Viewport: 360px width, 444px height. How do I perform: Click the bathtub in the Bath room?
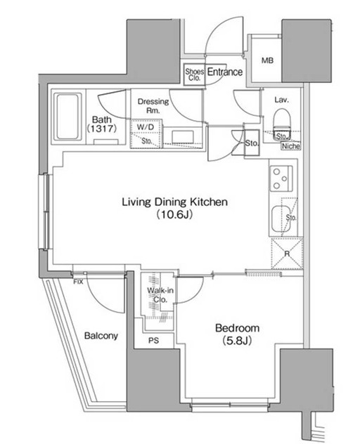point(67,117)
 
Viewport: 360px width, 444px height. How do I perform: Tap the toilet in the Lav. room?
point(282,124)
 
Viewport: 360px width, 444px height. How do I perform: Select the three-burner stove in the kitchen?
point(281,178)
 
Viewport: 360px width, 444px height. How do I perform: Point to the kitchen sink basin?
point(281,219)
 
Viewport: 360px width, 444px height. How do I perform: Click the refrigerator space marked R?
point(287,254)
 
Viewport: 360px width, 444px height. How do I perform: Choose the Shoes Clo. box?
point(194,74)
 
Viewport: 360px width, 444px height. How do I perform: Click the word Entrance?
point(225,72)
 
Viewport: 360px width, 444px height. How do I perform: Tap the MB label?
point(267,60)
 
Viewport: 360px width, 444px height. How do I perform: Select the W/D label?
point(146,127)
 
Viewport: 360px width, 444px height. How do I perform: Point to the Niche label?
point(291,146)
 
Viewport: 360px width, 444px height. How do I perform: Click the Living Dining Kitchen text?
point(174,202)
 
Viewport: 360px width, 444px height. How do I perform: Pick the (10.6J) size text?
point(174,215)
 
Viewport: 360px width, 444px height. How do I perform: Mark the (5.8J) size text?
point(237,341)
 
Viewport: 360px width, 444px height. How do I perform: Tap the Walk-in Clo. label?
point(160,295)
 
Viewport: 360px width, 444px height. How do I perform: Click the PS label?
point(154,341)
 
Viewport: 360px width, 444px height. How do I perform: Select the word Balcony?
point(101,336)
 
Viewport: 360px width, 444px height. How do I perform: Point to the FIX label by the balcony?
point(78,282)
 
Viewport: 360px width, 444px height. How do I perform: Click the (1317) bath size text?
point(102,129)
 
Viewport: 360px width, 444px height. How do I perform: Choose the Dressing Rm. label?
point(153,105)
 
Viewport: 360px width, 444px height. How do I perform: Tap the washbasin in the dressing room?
point(183,137)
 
